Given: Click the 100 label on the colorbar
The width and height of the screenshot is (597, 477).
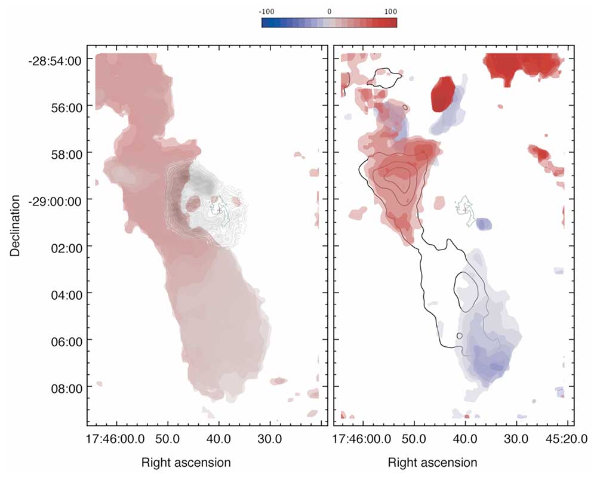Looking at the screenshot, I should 390,12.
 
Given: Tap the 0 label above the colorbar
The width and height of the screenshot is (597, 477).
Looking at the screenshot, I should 329,12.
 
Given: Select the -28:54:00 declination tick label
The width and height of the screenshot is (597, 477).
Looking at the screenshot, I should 53,60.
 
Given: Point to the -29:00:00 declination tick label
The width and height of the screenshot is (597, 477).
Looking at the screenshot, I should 53,200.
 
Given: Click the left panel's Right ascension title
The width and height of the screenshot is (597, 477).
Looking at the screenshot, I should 186,463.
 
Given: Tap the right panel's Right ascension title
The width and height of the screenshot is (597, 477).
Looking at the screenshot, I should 432,463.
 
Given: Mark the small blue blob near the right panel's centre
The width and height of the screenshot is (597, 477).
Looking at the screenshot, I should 484,224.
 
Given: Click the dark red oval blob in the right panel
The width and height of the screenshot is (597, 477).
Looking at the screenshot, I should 444,94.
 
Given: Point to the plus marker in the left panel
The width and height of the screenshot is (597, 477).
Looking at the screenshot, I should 220,210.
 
